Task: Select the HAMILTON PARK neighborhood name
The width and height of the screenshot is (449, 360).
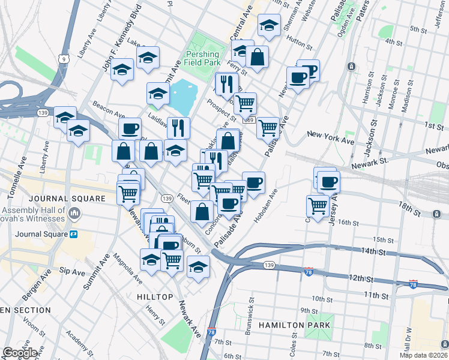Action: pos(294,325)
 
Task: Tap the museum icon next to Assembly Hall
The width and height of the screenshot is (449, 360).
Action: pos(74,213)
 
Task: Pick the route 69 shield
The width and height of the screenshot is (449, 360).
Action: pos(247,121)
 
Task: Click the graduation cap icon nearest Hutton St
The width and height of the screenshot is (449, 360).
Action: pos(269,25)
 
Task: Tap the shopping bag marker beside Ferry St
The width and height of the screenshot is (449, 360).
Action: pos(257,58)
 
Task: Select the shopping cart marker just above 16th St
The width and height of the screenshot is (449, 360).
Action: pos(318,205)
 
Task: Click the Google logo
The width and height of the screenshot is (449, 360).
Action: pos(20,353)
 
